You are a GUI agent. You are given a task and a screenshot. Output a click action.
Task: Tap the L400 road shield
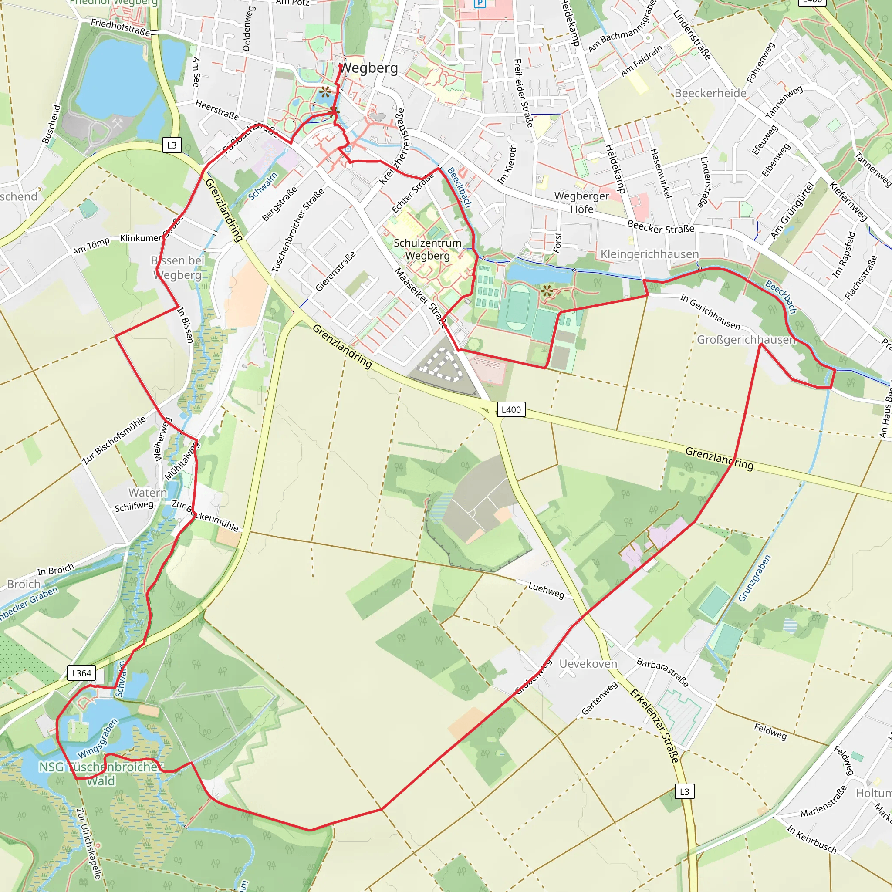point(510,409)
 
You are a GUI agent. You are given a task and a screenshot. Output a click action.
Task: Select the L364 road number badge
point(81,673)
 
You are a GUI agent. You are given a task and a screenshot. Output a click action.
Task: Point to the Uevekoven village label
point(588,663)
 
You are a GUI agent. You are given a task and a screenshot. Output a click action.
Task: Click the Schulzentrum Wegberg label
point(428,249)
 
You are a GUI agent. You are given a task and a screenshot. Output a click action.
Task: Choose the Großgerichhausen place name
point(746,340)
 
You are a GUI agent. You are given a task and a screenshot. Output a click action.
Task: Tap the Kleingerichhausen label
point(649,254)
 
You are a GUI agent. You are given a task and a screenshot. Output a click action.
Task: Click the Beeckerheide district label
point(710,93)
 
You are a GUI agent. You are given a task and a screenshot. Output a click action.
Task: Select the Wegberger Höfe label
point(581,202)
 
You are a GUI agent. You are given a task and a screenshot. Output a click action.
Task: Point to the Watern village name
point(148,493)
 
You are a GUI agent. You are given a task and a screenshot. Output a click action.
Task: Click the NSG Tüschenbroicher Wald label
point(99,774)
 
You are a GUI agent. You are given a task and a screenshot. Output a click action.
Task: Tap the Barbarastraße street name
point(662,672)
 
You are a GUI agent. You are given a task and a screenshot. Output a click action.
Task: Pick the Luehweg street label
point(547,590)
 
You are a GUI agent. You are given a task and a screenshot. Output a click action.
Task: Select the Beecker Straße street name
point(660,226)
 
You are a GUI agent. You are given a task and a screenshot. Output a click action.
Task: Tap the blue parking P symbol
point(480,3)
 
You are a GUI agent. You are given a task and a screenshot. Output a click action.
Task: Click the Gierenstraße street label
point(336,271)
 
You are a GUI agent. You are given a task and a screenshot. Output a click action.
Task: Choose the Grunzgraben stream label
point(754,578)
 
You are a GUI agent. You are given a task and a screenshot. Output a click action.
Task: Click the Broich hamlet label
point(24,584)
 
